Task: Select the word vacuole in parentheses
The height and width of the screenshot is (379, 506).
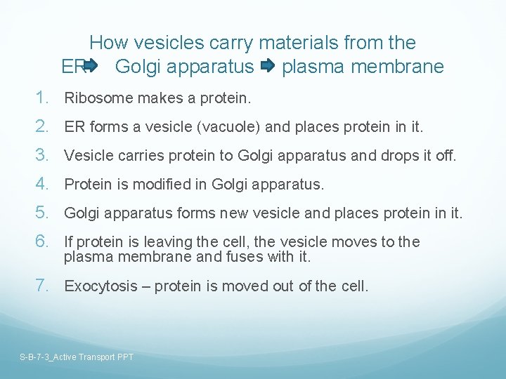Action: (x=215, y=127)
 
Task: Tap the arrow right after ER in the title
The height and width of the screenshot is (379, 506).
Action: (x=93, y=67)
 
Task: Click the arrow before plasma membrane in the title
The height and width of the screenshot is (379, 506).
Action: (x=268, y=67)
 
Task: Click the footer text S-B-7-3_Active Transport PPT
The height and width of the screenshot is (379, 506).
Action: (x=77, y=357)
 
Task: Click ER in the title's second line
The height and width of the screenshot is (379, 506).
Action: (x=72, y=67)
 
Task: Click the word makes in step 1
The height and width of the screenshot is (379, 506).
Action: (x=145, y=98)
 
